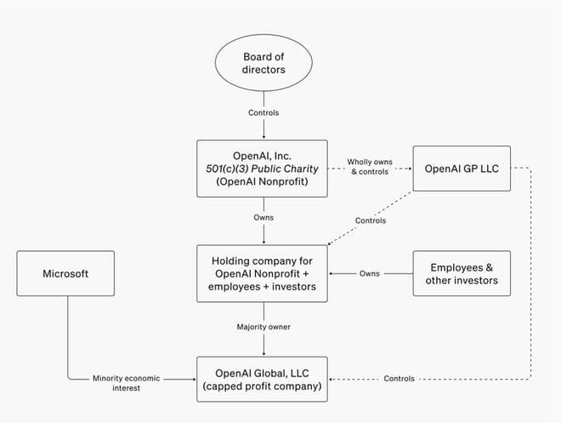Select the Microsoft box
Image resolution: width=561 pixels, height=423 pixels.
tap(65, 273)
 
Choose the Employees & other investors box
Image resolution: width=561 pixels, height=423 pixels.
tap(461, 273)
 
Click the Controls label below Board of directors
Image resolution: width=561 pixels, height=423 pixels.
tap(263, 111)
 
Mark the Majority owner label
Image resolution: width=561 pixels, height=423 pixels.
tap(263, 327)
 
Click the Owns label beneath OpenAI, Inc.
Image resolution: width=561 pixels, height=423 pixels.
tap(263, 218)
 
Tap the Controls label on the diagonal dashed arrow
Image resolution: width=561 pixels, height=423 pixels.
tap(371, 220)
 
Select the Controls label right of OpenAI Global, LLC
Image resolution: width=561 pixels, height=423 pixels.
tap(399, 379)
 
